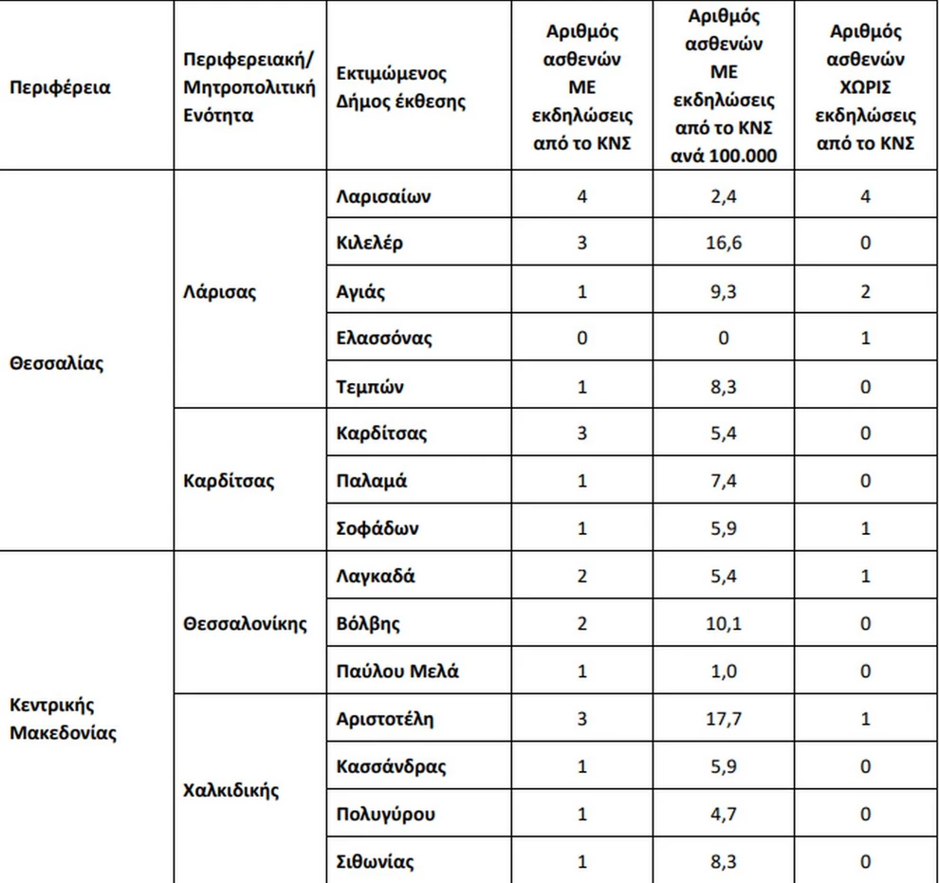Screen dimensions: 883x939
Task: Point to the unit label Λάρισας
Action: point(219,291)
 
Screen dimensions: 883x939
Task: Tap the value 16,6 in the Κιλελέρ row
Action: point(724,243)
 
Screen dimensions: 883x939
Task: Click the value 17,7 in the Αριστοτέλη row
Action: point(724,719)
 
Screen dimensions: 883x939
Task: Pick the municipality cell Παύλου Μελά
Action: point(397,671)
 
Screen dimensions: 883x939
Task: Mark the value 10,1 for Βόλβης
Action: point(724,624)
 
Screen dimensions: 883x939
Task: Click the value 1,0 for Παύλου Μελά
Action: point(724,671)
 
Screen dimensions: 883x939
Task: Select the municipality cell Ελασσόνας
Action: point(384,339)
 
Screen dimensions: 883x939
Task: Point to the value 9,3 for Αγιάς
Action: point(724,291)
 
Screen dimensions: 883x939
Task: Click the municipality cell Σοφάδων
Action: point(377,528)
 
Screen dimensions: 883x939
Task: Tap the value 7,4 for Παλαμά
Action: point(724,481)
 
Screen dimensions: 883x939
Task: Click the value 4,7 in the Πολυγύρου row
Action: point(724,814)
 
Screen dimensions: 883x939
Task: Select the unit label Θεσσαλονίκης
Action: point(246,624)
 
